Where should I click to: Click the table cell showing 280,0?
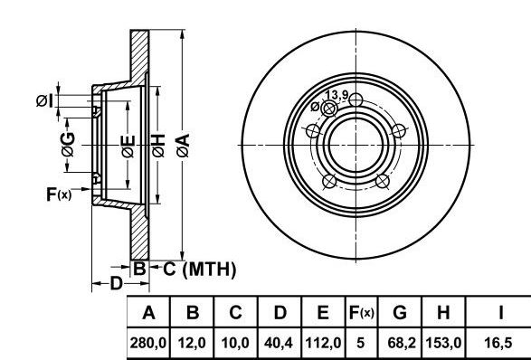[x=148, y=343]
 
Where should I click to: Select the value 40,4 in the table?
[x=279, y=343]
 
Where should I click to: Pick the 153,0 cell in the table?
[x=443, y=343]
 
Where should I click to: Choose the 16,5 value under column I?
[x=498, y=343]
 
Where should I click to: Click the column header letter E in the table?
[x=323, y=313]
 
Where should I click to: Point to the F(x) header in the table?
[x=361, y=313]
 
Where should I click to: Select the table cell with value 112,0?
[x=323, y=343]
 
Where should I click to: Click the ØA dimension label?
[x=184, y=146]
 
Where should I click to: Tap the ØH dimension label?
[x=158, y=146]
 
